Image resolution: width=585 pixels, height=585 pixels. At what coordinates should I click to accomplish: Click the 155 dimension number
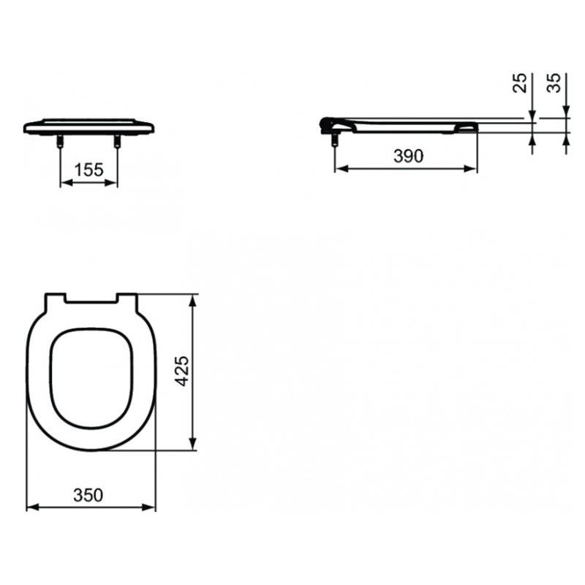[88, 170]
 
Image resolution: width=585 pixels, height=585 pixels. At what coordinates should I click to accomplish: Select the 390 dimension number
[409, 156]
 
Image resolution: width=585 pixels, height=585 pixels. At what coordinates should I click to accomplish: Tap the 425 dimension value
[183, 371]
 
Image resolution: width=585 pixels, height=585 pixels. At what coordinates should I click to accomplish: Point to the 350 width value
[88, 495]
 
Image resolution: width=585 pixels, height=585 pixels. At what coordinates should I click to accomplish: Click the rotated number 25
[520, 83]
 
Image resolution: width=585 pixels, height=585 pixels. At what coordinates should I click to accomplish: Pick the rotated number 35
[554, 83]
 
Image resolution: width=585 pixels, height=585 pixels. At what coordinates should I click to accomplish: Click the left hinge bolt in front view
[60, 141]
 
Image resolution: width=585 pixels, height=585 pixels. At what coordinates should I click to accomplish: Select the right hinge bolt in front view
[117, 141]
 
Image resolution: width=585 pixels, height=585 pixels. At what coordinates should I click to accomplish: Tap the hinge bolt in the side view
[335, 140]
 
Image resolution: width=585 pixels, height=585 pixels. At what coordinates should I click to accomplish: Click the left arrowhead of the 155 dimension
[66, 182]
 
